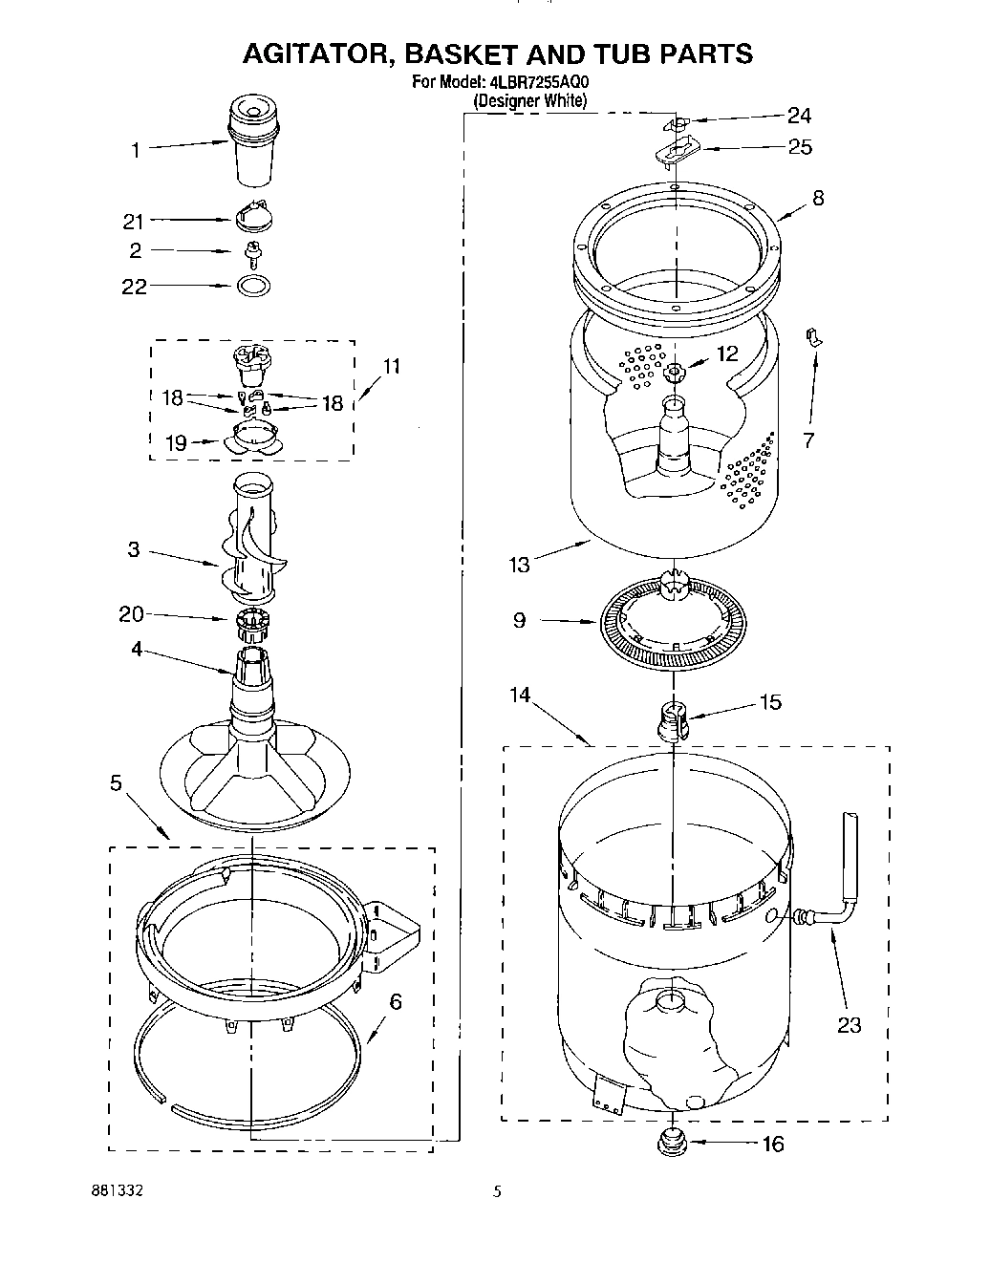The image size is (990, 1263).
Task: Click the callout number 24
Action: click(799, 116)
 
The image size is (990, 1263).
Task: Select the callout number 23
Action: click(849, 1025)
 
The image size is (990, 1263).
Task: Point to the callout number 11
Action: click(391, 366)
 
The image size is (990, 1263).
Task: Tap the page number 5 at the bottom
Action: click(497, 1191)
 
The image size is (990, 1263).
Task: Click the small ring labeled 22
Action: click(252, 286)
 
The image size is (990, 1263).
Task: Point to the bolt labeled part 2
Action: click(253, 251)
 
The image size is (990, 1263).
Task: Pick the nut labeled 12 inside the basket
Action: click(674, 372)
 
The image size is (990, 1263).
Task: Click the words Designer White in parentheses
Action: click(530, 99)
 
